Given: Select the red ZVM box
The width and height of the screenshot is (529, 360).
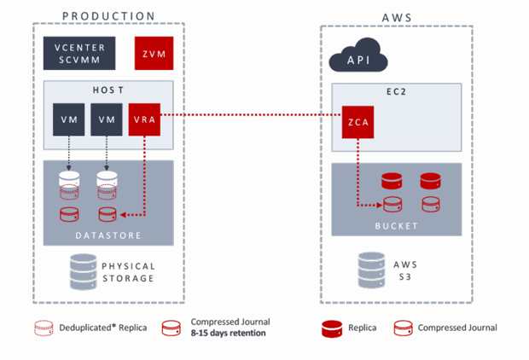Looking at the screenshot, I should pos(154,54).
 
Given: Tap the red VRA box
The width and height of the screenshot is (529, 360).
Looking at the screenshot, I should pos(142,119).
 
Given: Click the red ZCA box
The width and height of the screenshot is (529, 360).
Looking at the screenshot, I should pos(358,122).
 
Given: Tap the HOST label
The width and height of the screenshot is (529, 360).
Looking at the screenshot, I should pos(108,90).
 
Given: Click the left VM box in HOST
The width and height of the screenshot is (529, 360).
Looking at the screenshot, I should pos(68,119).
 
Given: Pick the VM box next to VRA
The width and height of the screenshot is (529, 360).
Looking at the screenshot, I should pos(107,119).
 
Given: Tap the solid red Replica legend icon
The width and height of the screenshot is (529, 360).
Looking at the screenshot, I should pos(332,328).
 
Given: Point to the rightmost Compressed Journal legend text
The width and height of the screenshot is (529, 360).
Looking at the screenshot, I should pos(457,328).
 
